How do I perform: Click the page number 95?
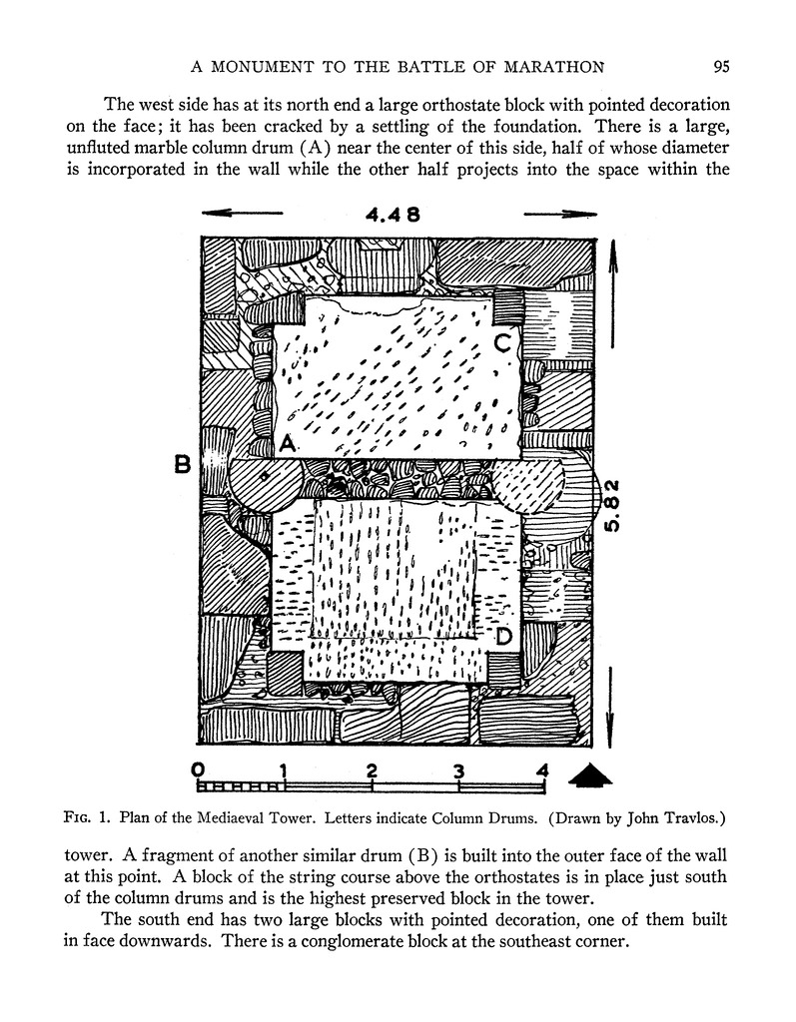722,67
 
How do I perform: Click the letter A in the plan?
288,445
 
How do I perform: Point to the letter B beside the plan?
183,464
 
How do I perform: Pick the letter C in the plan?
503,343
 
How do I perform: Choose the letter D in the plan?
504,636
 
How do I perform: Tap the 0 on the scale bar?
198,769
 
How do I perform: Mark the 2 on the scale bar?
372,769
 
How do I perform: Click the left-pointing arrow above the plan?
240,213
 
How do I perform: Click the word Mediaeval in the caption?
254,818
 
